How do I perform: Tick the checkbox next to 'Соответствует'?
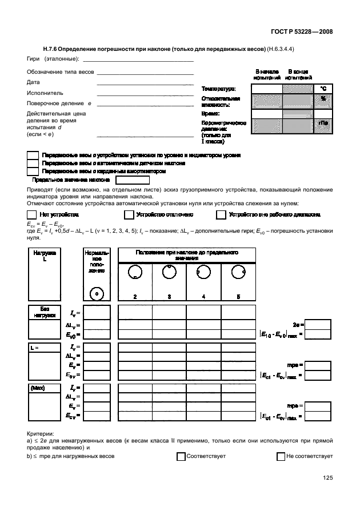(x=181, y=457)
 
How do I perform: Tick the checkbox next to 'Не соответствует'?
(x=281, y=457)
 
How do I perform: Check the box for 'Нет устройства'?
(x=31, y=215)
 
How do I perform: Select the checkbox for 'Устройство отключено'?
(x=129, y=215)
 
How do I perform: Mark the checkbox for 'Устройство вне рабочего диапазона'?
(x=221, y=215)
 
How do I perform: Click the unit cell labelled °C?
(x=323, y=89)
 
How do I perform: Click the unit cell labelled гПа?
(x=323, y=126)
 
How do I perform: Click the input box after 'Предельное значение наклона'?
(x=132, y=180)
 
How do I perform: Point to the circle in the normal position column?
(x=97, y=293)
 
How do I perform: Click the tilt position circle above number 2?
(x=135, y=273)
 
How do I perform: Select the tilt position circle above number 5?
(x=238, y=273)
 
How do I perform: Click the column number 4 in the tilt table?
(x=204, y=297)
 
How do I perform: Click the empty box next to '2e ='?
(x=318, y=324)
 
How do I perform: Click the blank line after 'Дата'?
(x=145, y=83)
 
